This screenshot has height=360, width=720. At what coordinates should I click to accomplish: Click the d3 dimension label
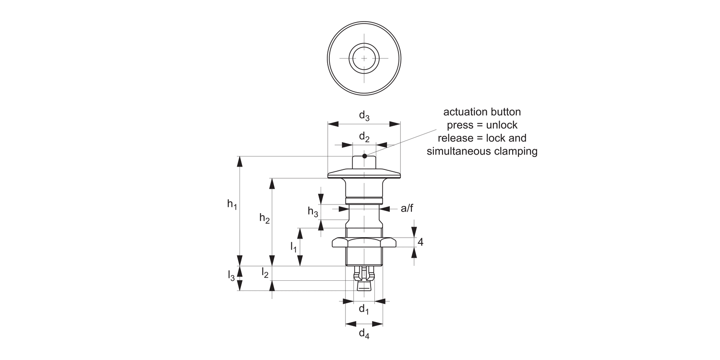pos(364,116)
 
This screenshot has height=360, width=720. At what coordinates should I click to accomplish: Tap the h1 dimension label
pos(232,204)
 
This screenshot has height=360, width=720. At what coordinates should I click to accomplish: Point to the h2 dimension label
pos(264,218)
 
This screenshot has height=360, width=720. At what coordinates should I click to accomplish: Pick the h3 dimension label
pos(313,211)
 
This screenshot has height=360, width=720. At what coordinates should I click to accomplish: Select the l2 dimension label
pos(264,273)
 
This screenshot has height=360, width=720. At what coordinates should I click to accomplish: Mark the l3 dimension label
pos(231,276)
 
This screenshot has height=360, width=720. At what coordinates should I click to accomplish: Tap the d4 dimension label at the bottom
pos(364,334)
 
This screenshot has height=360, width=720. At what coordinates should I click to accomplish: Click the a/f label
pos(407,208)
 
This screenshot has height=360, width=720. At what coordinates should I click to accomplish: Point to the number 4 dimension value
pos(420,242)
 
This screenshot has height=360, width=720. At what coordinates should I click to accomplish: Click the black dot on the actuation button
pos(365,156)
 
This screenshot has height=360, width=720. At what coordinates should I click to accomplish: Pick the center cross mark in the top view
pos(364,58)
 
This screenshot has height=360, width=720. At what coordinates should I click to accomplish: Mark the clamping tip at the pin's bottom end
pos(364,286)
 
